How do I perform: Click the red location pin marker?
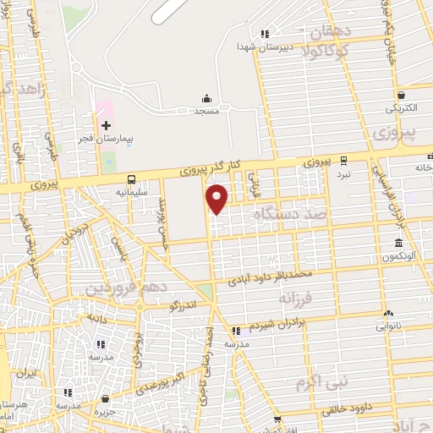point(217,198)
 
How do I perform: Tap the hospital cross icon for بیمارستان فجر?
point(106,125)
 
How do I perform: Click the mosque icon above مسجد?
point(207,99)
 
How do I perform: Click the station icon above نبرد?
point(343,160)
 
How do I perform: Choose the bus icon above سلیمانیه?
point(131,179)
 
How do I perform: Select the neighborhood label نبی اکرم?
point(321,382)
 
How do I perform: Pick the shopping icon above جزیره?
point(105,398)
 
